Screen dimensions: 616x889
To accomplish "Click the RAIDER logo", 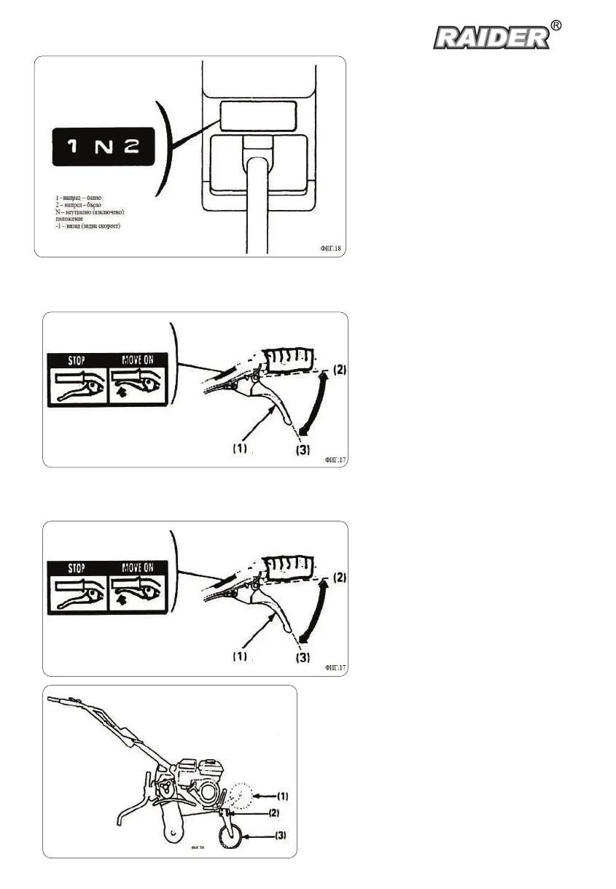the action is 492,37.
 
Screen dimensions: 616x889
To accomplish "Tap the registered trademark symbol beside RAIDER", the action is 556,26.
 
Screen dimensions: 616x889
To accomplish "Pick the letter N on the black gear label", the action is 101,147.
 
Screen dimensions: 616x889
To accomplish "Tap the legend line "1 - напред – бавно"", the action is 79,198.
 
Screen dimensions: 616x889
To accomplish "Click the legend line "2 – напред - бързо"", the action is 79,205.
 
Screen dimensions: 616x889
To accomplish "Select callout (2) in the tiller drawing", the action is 273,811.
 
